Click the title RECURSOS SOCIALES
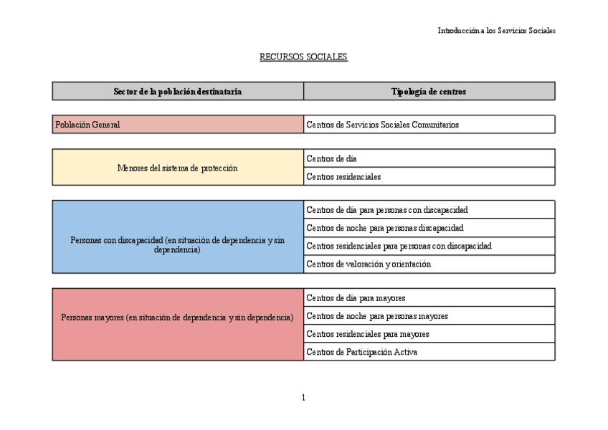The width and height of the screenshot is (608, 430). coord(303,57)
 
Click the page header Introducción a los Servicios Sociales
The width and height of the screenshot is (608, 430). coord(496,31)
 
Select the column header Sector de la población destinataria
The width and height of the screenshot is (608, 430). coord(178,91)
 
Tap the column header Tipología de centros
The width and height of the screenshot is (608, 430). coord(429,91)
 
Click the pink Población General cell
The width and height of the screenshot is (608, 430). coord(178,125)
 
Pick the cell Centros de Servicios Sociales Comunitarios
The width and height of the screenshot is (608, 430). coord(429,125)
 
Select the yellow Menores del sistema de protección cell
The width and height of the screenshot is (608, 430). coord(178,168)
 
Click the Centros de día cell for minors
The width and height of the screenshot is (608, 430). coord(429,158)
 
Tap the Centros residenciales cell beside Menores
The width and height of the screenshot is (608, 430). coord(429,176)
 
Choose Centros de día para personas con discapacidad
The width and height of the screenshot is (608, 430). coord(429,210)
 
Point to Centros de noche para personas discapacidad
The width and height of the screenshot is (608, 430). coord(429,228)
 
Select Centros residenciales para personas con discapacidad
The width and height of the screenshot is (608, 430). coord(429,246)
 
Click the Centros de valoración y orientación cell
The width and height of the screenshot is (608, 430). coord(429,264)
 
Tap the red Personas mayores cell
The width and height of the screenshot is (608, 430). coord(178,325)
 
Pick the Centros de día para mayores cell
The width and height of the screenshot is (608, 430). coord(429,297)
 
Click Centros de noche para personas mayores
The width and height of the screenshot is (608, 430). coord(429,315)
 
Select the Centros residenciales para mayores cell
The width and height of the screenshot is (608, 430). coord(429,334)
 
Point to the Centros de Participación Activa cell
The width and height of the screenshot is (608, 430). coord(429,352)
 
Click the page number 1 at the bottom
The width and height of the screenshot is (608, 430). coord(303,398)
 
